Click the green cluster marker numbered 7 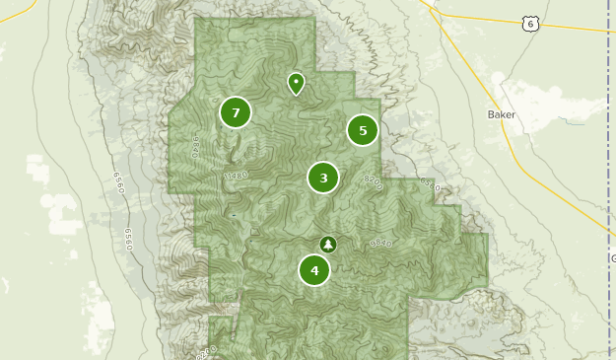(x=236, y=112)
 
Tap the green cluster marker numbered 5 (x=363, y=130)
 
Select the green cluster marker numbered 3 (x=323, y=178)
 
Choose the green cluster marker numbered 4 (x=314, y=270)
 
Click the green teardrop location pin (x=296, y=83)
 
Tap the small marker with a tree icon (x=328, y=244)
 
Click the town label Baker (x=501, y=114)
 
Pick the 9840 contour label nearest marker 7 (x=196, y=148)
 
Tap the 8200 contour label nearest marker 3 (x=373, y=180)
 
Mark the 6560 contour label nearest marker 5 (x=429, y=184)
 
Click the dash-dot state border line (x=604, y=148)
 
